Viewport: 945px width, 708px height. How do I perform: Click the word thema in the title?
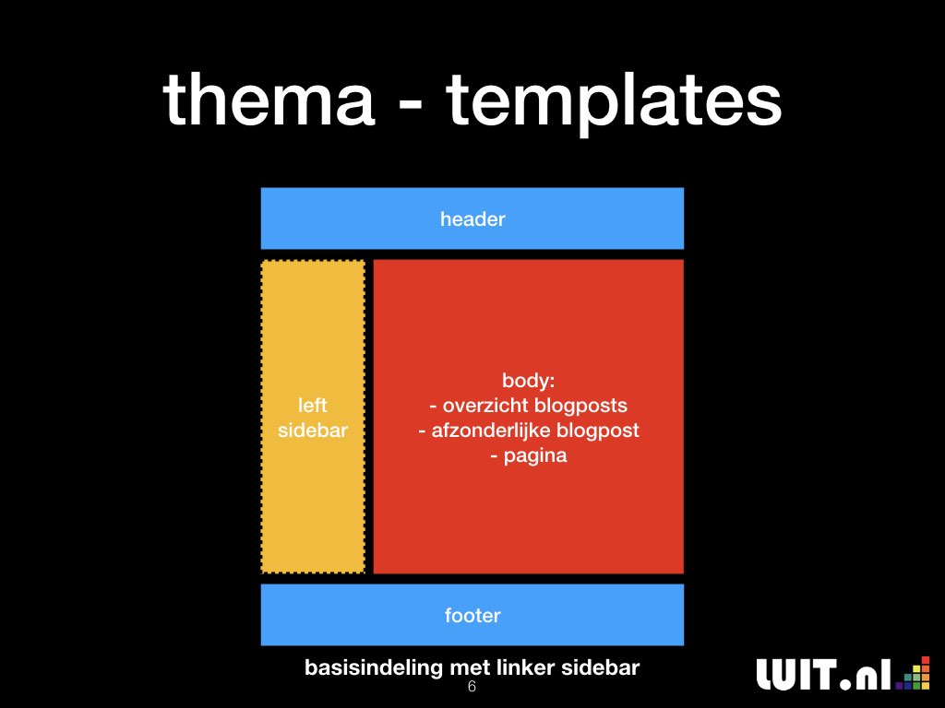point(269,99)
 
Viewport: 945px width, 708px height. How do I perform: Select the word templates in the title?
point(614,103)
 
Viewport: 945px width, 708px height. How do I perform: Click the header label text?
point(472,219)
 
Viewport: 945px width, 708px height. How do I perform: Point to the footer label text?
point(472,615)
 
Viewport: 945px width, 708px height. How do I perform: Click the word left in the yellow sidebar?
point(313,406)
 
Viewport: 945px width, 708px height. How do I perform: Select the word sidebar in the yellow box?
point(313,431)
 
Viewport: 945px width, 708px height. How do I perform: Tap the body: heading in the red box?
point(529,381)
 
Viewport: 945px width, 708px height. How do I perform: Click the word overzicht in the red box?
point(485,406)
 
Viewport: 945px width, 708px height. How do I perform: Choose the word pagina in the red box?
point(535,456)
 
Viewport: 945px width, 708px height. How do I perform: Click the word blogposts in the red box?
point(580,407)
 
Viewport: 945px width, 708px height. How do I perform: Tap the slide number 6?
point(472,686)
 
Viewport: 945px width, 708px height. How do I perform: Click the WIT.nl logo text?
point(823,674)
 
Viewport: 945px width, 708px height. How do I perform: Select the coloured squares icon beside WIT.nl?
point(913,673)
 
